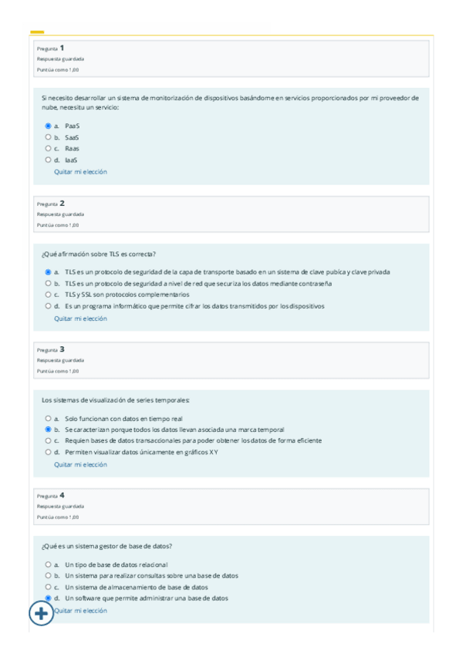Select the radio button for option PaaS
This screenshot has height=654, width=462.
coord(48,125)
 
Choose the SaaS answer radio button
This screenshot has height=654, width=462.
coord(48,137)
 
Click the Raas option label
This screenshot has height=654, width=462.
coord(72,148)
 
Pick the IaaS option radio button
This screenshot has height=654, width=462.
coord(48,160)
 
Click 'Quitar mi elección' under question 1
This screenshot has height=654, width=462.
coord(80,171)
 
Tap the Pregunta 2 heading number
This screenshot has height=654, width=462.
coord(62,204)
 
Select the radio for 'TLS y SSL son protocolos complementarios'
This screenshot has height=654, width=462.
coord(48,295)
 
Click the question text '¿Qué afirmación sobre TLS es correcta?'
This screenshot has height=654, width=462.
coord(99,253)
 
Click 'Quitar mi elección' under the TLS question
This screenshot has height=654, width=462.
coord(80,318)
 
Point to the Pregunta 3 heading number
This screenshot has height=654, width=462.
coord(62,349)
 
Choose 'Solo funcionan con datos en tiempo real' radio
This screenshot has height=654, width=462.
coord(48,418)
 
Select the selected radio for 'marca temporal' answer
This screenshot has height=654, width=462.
coord(48,430)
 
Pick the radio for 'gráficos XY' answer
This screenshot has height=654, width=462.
coord(48,452)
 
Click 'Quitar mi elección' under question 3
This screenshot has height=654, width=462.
coord(80,464)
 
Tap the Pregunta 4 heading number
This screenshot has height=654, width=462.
coord(62,495)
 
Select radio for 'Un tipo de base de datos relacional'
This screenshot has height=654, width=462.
coord(48,565)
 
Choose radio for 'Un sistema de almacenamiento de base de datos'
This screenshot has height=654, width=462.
coord(48,587)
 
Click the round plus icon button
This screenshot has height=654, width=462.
coord(41,614)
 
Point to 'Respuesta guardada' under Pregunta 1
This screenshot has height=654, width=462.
coord(60,59)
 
